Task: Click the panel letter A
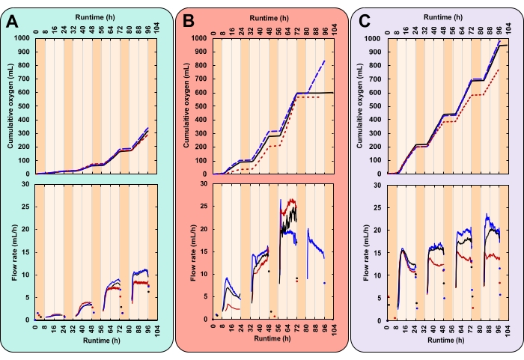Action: (12, 22)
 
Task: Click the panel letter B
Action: (189, 22)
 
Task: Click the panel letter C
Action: (365, 22)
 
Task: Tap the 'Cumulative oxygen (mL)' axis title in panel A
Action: (11, 106)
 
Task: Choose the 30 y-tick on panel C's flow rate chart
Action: (381, 183)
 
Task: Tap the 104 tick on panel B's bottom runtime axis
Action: (333, 329)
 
